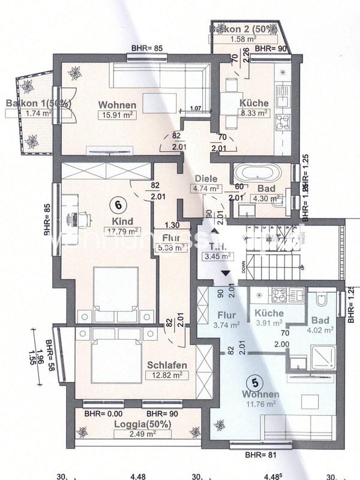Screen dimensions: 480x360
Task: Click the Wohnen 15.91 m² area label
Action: click(118, 116)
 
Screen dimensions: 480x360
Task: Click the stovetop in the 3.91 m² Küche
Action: click(280, 295)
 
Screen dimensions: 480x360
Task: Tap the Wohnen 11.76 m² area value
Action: click(260, 404)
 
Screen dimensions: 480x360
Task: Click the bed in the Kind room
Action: click(116, 289)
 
